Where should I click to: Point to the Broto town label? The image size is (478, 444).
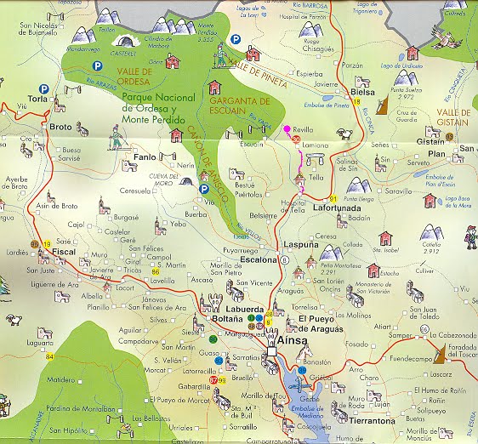pyautogui.click(x=60, y=127)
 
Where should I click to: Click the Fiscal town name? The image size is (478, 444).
pyautogui.click(x=65, y=252)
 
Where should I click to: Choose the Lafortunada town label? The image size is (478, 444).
pyautogui.click(x=339, y=206)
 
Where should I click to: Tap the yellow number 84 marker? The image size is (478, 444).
pyautogui.click(x=49, y=356)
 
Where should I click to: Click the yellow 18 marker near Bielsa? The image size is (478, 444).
pyautogui.click(x=357, y=101)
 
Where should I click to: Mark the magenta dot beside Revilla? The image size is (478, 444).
pyautogui.click(x=286, y=128)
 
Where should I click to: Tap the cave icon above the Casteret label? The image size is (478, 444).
pyautogui.click(x=125, y=41)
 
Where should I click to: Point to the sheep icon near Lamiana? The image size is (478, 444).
pyautogui.click(x=344, y=134)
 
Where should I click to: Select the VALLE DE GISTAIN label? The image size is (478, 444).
pyautogui.click(x=453, y=117)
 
